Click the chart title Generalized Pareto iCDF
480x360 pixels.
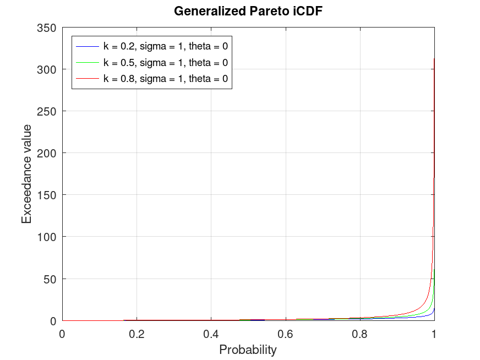coord(248,11)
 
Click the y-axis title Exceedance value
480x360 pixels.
coord(26,173)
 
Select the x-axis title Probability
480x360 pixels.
coord(248,350)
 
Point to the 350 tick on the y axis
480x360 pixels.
coord(46,28)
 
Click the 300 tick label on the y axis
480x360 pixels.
coord(46,69)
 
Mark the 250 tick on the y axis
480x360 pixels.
coord(46,111)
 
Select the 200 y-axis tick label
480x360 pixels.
coord(46,153)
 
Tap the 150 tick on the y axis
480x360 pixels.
coord(46,195)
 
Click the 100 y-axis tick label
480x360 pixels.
coord(46,237)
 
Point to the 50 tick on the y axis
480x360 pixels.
coord(50,279)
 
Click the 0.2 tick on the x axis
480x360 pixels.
coord(137,333)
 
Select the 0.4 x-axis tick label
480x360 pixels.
coord(211,333)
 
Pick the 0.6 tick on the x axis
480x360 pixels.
coord(285,333)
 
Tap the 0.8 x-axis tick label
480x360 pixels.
coord(359,333)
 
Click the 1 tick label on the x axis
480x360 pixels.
coord(434,333)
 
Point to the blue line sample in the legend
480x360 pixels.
coord(88,46)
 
